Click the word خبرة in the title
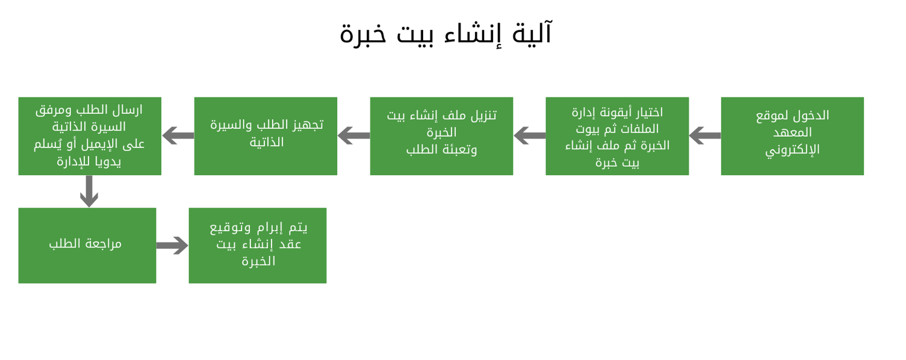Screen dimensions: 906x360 (x=363, y=34)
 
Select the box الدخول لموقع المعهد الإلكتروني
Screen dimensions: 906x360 (x=792, y=136)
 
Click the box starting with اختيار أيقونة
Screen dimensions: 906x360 (x=617, y=136)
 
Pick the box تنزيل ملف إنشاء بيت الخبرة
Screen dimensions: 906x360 (x=442, y=136)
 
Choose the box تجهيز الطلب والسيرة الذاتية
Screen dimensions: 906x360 (x=265, y=136)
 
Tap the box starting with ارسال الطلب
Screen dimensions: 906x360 (x=90, y=136)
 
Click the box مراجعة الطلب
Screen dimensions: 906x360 (x=87, y=246)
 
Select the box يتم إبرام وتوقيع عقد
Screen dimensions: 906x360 (x=258, y=246)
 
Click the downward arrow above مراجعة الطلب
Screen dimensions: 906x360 (x=89, y=191)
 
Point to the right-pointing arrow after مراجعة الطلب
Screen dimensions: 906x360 (x=172, y=245)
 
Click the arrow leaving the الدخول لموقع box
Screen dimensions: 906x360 (x=705, y=135)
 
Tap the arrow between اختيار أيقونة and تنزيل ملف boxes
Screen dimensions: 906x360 (x=529, y=135)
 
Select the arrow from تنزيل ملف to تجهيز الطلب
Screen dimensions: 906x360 (x=353, y=135)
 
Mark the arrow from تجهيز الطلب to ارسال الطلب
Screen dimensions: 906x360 (x=178, y=135)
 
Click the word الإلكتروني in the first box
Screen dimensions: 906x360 (x=792, y=150)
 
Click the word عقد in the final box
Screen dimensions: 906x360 (x=290, y=244)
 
